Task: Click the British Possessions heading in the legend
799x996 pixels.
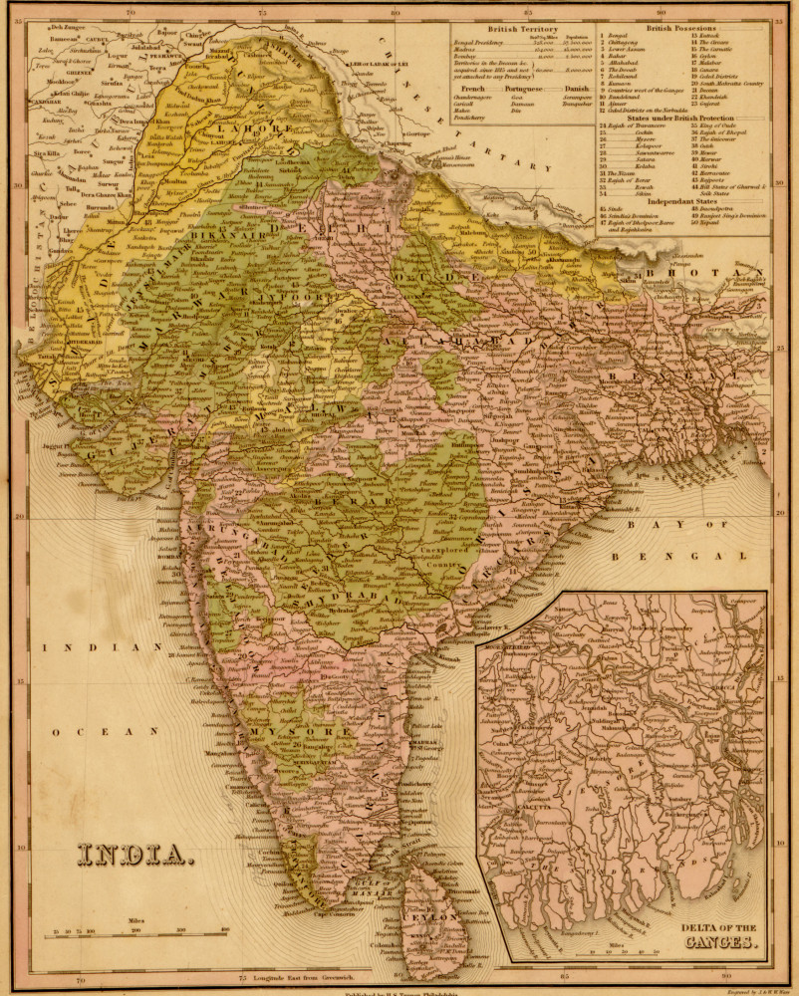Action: point(687,28)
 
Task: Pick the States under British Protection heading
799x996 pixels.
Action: point(685,117)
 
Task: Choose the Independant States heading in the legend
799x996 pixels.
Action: point(685,202)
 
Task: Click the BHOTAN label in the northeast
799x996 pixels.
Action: point(731,272)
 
